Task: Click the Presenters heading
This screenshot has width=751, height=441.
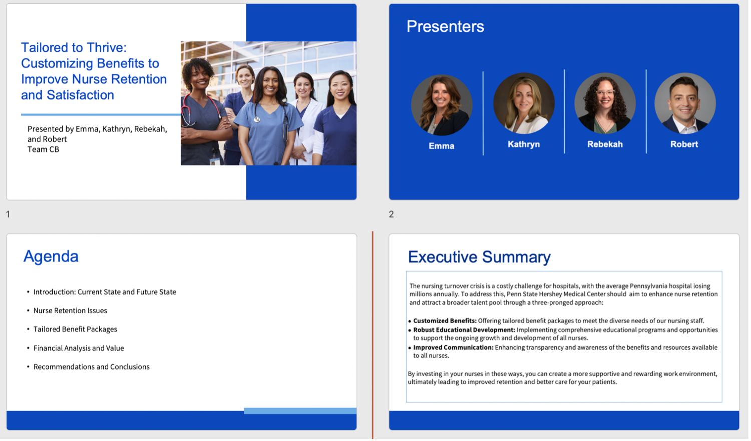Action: (x=445, y=26)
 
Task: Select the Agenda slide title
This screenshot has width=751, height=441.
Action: (x=51, y=257)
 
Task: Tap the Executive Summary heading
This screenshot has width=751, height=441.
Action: (x=479, y=257)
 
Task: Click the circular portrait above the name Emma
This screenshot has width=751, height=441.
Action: (x=442, y=105)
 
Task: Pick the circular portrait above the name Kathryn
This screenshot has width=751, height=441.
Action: (x=524, y=103)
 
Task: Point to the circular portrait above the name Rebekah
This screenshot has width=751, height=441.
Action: (x=605, y=103)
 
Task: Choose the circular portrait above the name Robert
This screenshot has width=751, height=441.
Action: (x=685, y=103)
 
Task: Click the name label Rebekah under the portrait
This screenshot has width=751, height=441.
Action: (x=605, y=144)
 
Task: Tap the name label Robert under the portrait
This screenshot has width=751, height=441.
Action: (x=684, y=144)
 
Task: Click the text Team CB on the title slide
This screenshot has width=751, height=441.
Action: (x=43, y=149)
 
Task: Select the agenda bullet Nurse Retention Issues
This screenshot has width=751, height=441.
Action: (x=70, y=310)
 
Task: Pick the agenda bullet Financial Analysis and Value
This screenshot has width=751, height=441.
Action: (x=79, y=348)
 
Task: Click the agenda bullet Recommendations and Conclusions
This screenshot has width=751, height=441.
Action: (x=91, y=367)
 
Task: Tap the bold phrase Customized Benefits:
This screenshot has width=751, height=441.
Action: (x=445, y=321)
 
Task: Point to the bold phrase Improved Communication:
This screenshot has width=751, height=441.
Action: (x=453, y=347)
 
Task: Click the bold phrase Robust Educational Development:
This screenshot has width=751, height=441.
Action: (x=464, y=330)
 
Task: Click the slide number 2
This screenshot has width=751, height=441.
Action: (x=391, y=214)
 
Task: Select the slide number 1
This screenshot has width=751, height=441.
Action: (x=8, y=214)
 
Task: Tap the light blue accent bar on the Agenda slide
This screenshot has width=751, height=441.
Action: (x=300, y=411)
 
